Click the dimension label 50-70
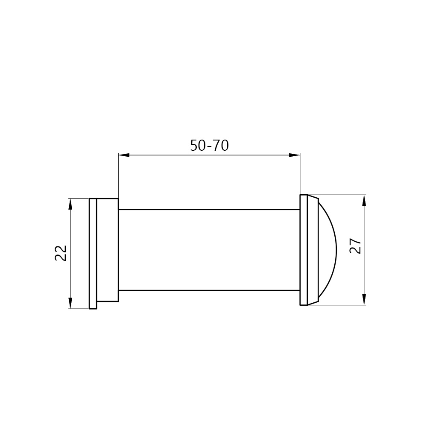209,146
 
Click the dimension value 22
61,253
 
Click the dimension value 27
355,246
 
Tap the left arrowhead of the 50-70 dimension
124,155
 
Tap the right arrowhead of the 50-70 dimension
294,155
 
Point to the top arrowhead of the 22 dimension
70,204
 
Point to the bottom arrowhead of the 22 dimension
70,303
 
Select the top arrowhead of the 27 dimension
364,200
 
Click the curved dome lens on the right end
336,250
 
